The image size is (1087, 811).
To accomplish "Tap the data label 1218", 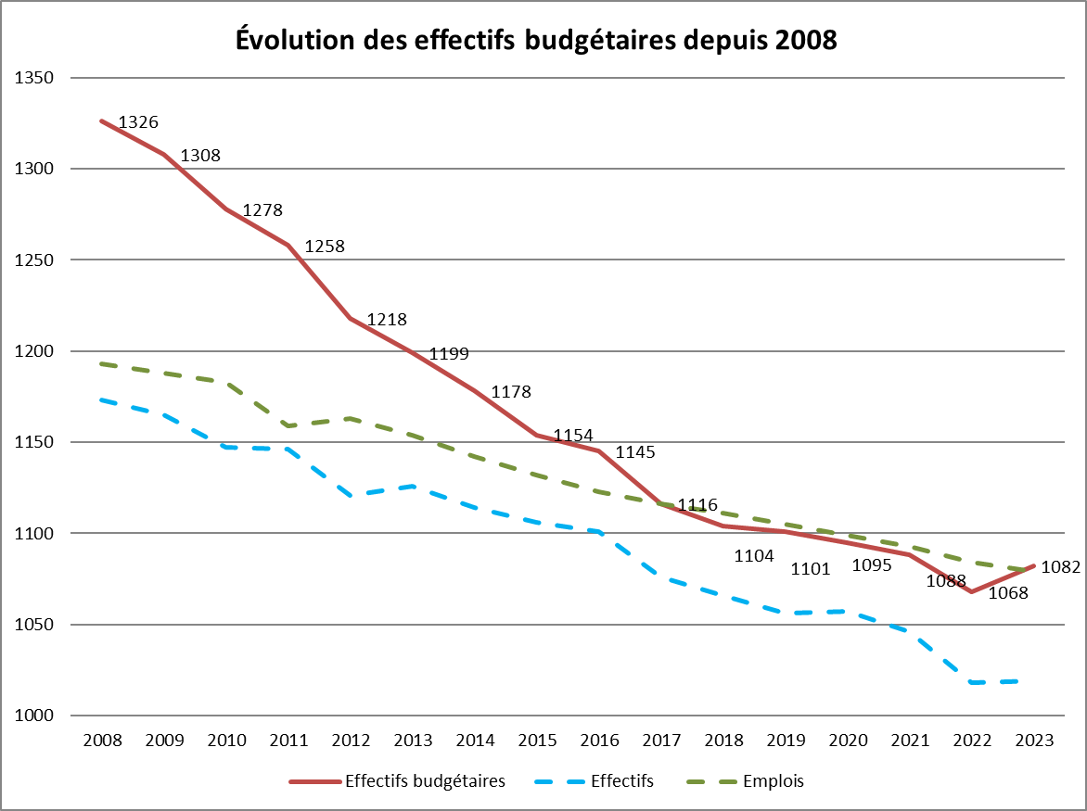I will point(387,320).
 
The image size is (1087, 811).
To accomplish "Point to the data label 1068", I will point(1008,593).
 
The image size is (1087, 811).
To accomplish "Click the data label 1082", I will point(1061,567).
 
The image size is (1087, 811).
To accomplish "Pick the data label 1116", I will point(697,505).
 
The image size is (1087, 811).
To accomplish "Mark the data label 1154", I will point(573,436).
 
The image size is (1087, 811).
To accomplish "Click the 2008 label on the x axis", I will point(102,741).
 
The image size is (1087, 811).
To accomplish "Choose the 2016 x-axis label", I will point(599,741).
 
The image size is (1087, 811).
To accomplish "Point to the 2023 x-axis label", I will point(1034,741).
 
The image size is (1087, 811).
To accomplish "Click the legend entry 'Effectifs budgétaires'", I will point(425,781).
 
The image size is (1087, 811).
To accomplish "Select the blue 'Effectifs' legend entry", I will point(620,781).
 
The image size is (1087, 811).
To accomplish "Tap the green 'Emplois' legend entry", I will point(774,781).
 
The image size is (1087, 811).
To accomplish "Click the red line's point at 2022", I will point(972,591).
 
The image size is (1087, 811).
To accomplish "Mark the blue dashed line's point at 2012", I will point(351,496).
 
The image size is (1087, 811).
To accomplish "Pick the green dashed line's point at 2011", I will point(288,425).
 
